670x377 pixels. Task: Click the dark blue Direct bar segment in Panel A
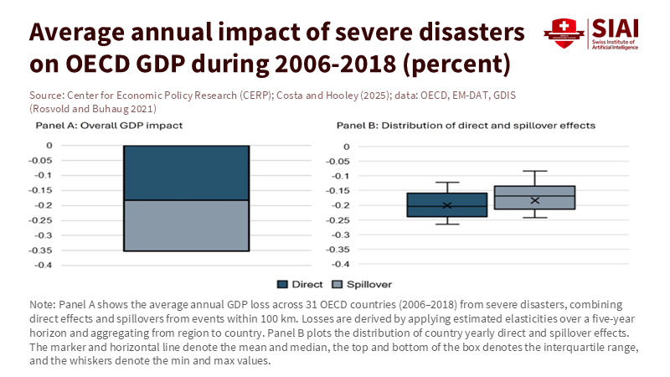(x=186, y=173)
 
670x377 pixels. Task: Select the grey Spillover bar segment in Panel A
(x=186, y=225)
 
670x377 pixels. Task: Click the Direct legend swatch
(x=282, y=284)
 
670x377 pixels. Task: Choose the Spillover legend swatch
(x=338, y=284)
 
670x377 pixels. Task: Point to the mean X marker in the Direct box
(x=447, y=205)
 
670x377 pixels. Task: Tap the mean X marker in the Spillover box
(x=534, y=200)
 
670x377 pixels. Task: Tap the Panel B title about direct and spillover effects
(x=466, y=126)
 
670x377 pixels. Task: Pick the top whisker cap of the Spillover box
(x=534, y=171)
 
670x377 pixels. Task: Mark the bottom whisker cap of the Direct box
(x=447, y=224)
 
